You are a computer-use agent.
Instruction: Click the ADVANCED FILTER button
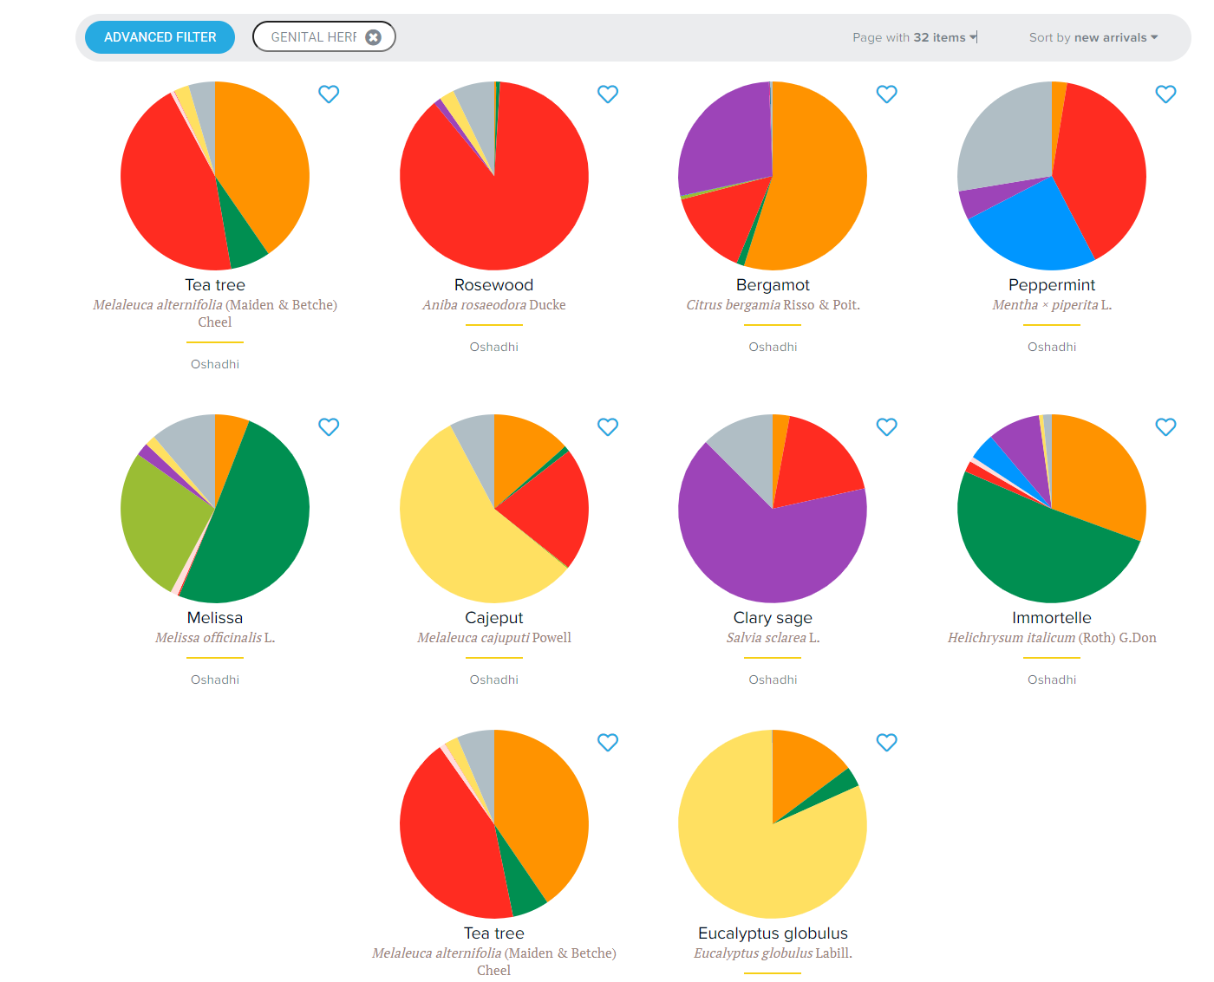(x=160, y=37)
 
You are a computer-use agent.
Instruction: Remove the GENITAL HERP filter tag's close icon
(x=374, y=37)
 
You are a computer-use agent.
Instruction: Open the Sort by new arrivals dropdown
(x=1093, y=37)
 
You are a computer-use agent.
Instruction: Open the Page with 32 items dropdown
(x=914, y=37)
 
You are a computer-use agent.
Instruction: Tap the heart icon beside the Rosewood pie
(x=608, y=94)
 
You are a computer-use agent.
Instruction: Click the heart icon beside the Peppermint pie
(x=1165, y=94)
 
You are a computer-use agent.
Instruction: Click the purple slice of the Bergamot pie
(x=724, y=139)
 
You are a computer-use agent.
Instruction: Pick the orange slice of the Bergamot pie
(x=819, y=182)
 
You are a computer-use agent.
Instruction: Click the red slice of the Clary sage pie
(x=815, y=459)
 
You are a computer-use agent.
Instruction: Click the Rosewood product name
(x=493, y=285)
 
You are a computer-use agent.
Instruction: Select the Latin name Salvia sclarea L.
(x=773, y=638)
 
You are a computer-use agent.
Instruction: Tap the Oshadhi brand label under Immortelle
(x=1051, y=680)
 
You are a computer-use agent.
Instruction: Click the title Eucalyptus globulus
(x=773, y=933)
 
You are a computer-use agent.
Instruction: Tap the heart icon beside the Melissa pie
(x=329, y=426)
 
